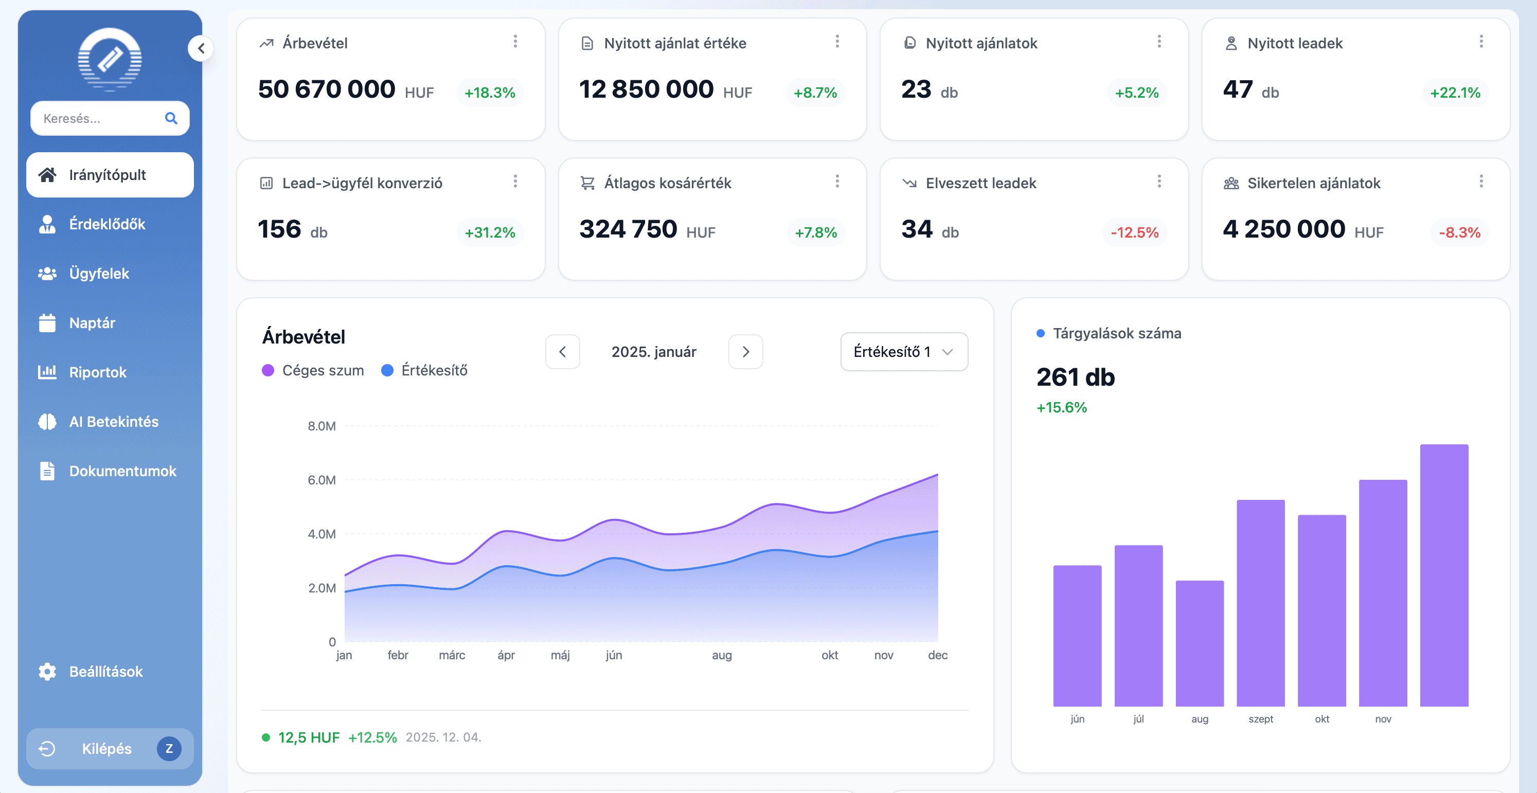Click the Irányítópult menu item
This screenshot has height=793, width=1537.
[x=110, y=175]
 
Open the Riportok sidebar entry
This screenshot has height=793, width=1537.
[x=97, y=372]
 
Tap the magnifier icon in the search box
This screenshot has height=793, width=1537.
[x=171, y=118]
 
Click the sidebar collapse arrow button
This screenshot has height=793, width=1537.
[x=201, y=48]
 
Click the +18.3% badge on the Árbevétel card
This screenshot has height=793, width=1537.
[x=489, y=93]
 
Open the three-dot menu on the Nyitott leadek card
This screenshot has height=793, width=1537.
[x=1480, y=41]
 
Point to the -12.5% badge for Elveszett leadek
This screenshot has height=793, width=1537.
[x=1134, y=232]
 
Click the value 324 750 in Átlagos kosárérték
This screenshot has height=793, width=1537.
[x=628, y=229]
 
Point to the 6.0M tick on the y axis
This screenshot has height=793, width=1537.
[x=321, y=480]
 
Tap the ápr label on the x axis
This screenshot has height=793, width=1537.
[x=506, y=655]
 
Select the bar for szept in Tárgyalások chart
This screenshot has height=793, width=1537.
[x=1260, y=603]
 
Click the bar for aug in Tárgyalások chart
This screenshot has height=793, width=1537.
[x=1199, y=643]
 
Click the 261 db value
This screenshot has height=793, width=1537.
[x=1075, y=377]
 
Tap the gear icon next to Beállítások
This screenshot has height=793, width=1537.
[x=47, y=671]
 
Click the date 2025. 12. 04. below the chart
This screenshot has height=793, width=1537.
[x=443, y=737]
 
